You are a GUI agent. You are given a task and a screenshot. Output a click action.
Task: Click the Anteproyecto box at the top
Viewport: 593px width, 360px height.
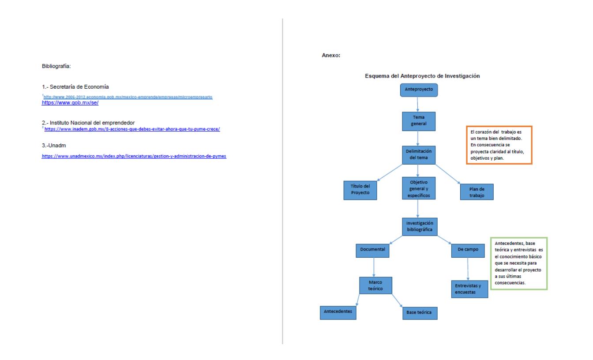click(419, 90)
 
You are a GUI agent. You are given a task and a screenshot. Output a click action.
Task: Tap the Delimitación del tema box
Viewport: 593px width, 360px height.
click(419, 154)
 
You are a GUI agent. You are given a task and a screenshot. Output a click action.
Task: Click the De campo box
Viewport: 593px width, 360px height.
click(469, 250)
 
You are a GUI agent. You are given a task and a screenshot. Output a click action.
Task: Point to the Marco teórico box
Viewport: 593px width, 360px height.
click(375, 285)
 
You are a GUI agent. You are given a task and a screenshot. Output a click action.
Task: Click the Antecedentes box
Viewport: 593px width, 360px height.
click(338, 311)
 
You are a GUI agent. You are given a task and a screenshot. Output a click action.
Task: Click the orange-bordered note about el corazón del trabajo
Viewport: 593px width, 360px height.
click(499, 145)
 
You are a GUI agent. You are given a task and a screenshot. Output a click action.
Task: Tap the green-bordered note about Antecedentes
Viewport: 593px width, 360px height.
click(519, 263)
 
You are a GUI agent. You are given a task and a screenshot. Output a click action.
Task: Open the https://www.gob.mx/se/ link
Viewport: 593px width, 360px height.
click(70, 102)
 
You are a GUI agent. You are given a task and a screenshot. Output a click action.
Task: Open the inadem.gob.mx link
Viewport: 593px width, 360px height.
click(132, 129)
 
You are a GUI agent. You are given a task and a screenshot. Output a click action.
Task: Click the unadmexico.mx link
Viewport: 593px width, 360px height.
click(134, 156)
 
